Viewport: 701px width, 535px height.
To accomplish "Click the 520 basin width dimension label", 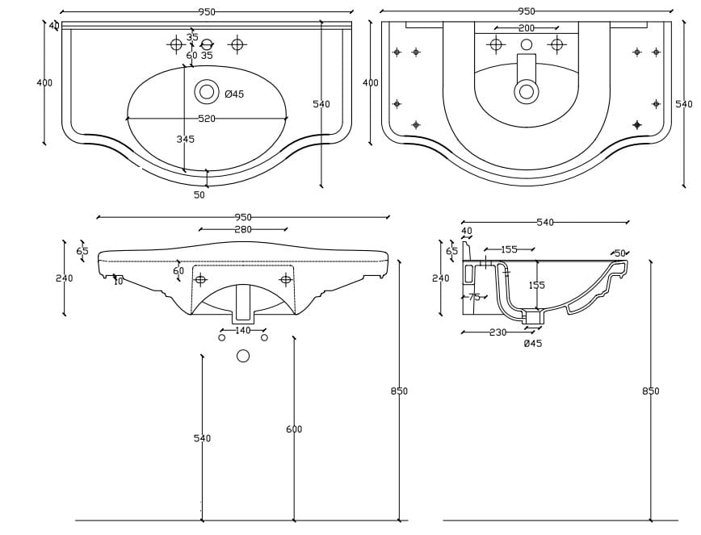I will point(207,119).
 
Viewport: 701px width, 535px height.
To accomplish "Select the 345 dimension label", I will point(185,140).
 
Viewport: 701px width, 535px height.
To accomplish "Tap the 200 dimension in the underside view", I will point(527,28).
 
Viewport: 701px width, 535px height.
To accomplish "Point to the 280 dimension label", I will point(243,229).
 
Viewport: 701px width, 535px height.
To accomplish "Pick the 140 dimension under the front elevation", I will point(243,330).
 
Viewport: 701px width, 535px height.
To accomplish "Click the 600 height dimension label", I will point(294,429).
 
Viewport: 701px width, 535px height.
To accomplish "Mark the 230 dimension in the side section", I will point(497,332).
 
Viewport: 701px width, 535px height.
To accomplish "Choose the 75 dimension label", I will point(475,297).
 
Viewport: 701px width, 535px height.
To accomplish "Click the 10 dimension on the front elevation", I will point(119,281).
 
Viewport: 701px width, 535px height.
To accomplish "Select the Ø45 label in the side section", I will point(533,344).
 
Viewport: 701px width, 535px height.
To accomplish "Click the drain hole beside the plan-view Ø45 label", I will point(207,92).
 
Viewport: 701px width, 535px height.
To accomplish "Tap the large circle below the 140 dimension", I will point(243,356).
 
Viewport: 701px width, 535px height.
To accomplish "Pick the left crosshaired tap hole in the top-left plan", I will point(176,44).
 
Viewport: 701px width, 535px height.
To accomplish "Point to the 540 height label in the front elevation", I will point(202,438).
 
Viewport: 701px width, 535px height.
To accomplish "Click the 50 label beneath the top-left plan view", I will point(199,194).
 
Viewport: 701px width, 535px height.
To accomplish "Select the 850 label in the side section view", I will point(651,391).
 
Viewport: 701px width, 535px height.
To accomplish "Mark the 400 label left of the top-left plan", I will point(44,82).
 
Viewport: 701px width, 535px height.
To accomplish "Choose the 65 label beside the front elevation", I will point(82,251).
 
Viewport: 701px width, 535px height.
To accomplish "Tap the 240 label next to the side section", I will point(441,278).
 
